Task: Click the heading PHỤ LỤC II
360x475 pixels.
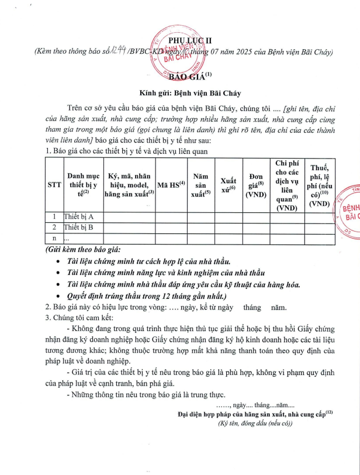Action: [180, 40]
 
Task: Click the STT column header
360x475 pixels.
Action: [54, 184]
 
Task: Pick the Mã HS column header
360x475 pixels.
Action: [171, 184]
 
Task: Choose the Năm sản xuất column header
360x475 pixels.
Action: [200, 184]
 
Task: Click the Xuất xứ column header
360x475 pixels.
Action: [229, 184]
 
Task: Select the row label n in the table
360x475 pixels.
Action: [54, 238]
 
